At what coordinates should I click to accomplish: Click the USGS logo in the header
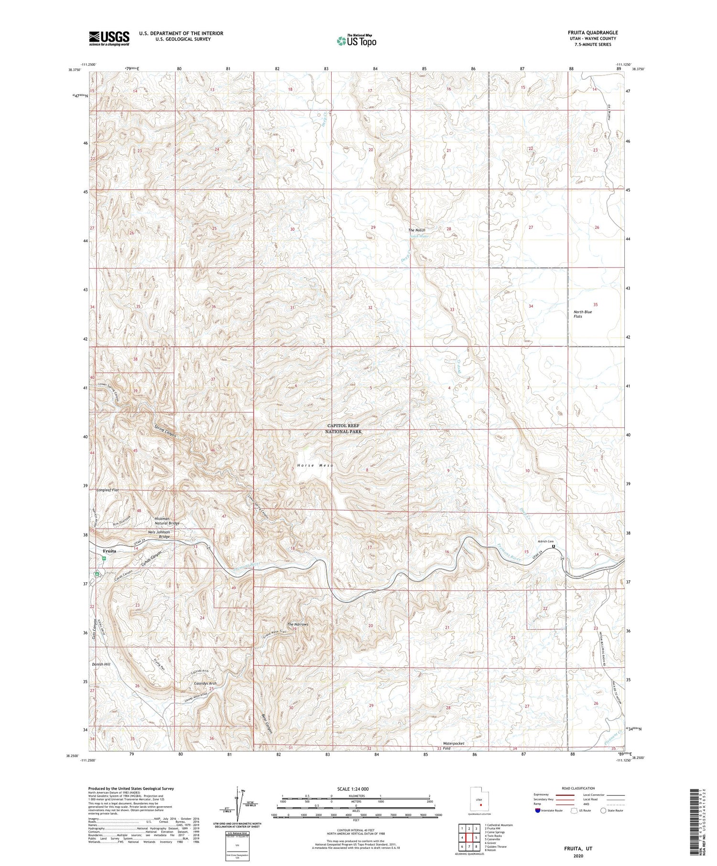click(x=109, y=38)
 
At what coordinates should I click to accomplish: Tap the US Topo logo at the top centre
click(x=356, y=41)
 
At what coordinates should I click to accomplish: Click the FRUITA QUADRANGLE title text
click(x=593, y=32)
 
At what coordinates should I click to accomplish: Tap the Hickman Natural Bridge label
click(x=167, y=521)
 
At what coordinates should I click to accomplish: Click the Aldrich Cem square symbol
click(x=554, y=546)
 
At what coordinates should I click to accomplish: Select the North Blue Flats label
click(x=582, y=314)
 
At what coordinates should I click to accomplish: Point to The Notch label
click(x=416, y=230)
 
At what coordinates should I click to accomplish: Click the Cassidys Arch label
click(x=206, y=684)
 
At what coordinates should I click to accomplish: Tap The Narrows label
click(x=297, y=624)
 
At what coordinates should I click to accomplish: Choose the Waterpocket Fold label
click(x=453, y=746)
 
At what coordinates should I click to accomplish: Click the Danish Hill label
click(x=101, y=664)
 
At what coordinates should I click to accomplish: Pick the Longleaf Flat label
click(x=107, y=490)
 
